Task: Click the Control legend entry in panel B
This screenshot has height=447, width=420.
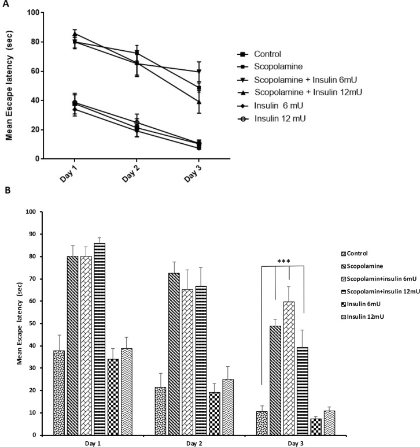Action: point(360,253)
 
